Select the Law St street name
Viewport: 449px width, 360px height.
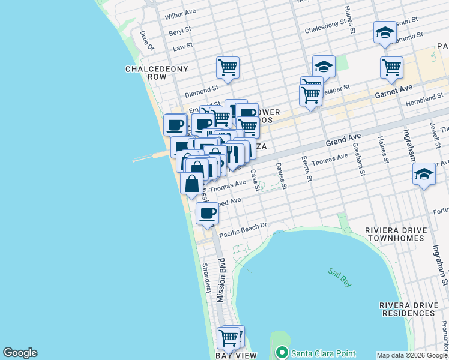click(x=182, y=46)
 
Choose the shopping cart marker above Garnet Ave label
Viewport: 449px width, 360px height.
click(x=391, y=67)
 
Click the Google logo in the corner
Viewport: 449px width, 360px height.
click(x=20, y=353)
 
